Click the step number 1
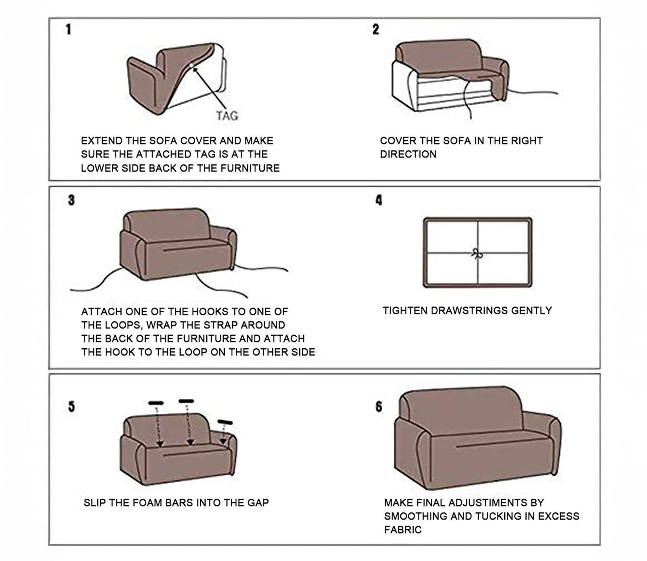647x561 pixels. (x=69, y=29)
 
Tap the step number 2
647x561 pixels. (x=376, y=29)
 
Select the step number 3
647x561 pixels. (x=71, y=200)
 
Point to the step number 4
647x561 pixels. (x=379, y=200)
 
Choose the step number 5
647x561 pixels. (x=72, y=406)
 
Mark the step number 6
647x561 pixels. (x=379, y=406)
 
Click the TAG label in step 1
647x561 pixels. (x=227, y=116)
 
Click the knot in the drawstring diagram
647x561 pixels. (x=477, y=253)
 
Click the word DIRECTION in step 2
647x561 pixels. (x=408, y=154)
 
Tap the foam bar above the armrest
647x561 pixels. (x=225, y=422)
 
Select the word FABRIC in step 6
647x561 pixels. (x=403, y=529)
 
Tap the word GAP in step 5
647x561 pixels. (x=258, y=503)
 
